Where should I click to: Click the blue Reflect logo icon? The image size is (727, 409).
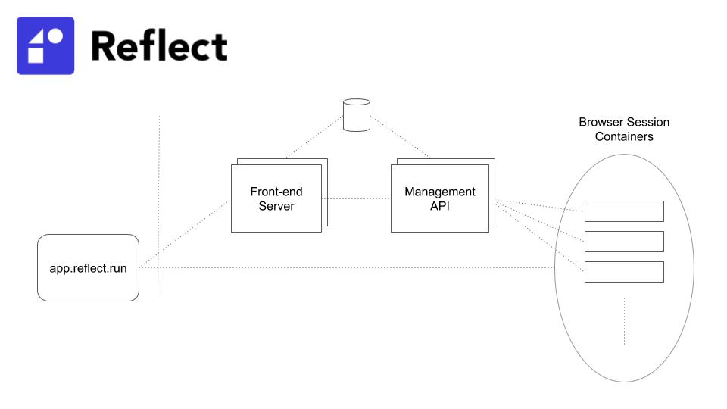pyautogui.click(x=45, y=45)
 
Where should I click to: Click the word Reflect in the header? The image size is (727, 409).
pyautogui.click(x=159, y=46)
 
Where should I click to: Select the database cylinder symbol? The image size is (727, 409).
pyautogui.click(x=357, y=114)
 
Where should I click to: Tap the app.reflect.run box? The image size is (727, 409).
pyautogui.click(x=88, y=267)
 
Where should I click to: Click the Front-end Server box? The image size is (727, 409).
pyautogui.click(x=276, y=198)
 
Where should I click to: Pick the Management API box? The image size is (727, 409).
pyautogui.click(x=439, y=198)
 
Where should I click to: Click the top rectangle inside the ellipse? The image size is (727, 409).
pyautogui.click(x=624, y=211)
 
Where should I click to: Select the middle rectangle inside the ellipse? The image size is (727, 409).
pyautogui.click(x=624, y=242)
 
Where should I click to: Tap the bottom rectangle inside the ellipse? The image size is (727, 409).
pyautogui.click(x=624, y=272)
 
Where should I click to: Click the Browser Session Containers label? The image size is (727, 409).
pyautogui.click(x=624, y=129)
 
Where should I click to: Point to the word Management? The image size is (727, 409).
pyautogui.click(x=440, y=192)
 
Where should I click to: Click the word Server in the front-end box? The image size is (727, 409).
pyautogui.click(x=276, y=206)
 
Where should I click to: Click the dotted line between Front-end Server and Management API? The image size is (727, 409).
pyautogui.click(x=356, y=198)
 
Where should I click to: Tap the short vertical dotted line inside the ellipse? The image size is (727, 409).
pyautogui.click(x=625, y=321)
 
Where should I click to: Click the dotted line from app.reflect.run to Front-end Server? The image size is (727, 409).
pyautogui.click(x=186, y=233)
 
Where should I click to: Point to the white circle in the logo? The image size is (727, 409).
pyautogui.click(x=55, y=36)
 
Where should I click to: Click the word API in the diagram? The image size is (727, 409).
pyautogui.click(x=440, y=206)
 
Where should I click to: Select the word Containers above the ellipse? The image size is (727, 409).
pyautogui.click(x=624, y=137)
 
